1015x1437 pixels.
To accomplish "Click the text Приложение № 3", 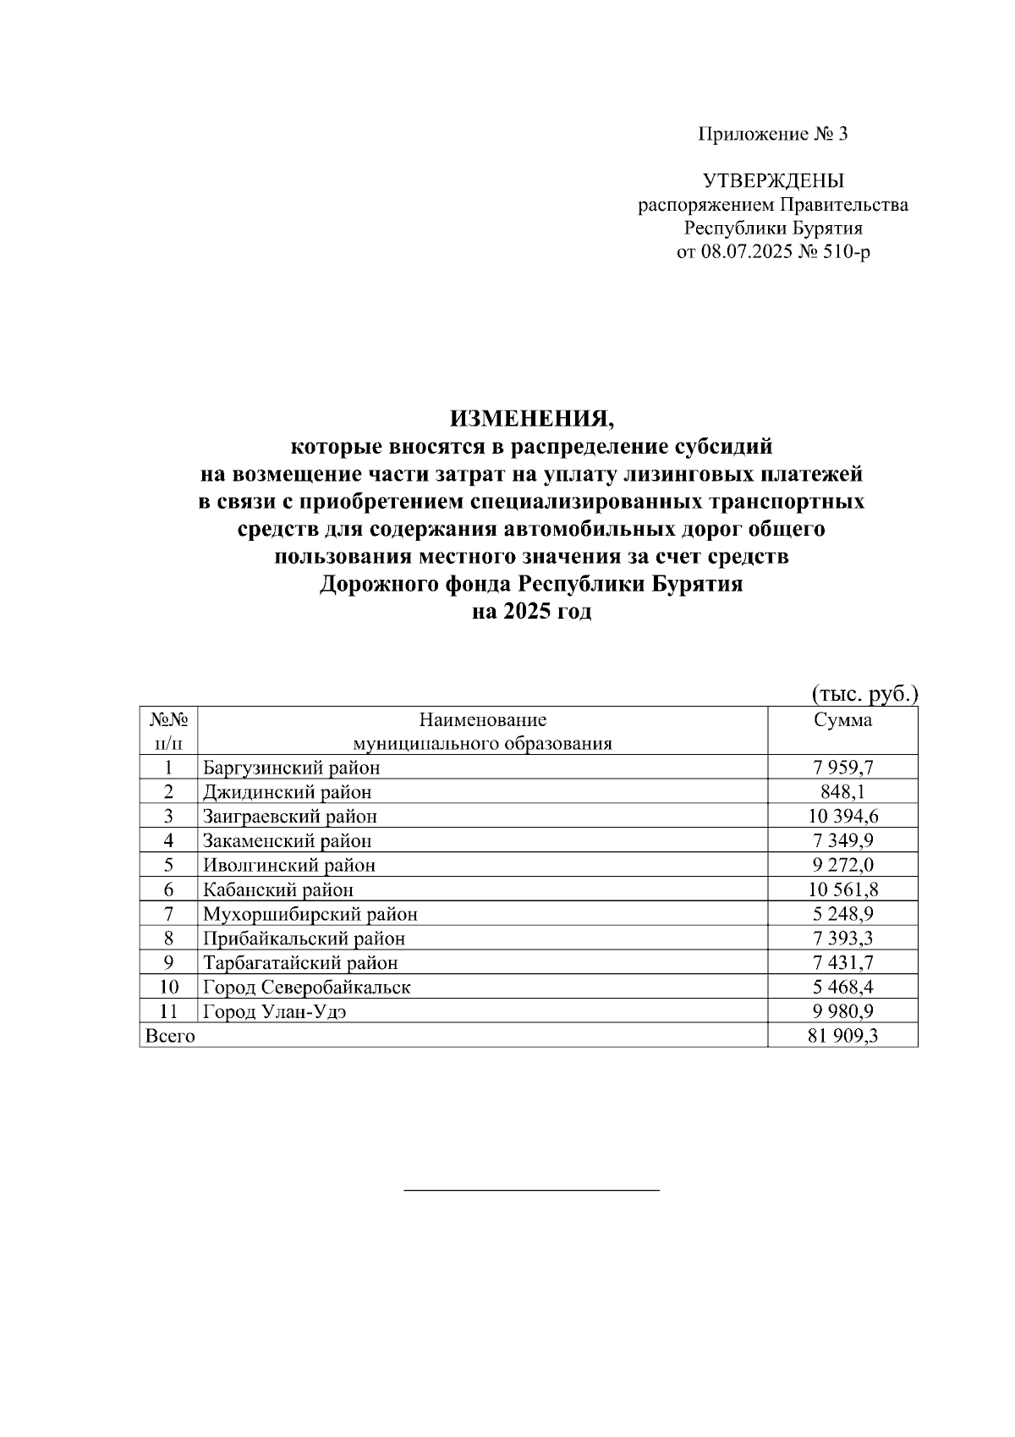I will pyautogui.click(x=772, y=134).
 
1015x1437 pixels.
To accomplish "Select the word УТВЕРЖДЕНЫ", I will pyautogui.click(x=773, y=180).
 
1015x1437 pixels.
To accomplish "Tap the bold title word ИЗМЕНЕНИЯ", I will pyautogui.click(x=529, y=418).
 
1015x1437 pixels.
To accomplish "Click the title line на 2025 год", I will pyautogui.click(x=531, y=612).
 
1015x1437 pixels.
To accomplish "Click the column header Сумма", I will pyautogui.click(x=842, y=720).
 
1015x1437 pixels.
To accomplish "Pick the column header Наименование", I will pyautogui.click(x=483, y=720).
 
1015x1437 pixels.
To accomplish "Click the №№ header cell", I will pyautogui.click(x=168, y=720).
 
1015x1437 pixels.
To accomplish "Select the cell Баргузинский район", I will pyautogui.click(x=291, y=768).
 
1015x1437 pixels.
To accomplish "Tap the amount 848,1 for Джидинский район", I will pyautogui.click(x=842, y=792).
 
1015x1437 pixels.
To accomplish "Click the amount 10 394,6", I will pyautogui.click(x=842, y=816).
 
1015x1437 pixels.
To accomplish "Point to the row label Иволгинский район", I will pyautogui.click(x=288, y=865).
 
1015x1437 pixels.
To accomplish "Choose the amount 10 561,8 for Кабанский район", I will pyautogui.click(x=842, y=889).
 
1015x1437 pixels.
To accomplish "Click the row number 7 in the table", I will pyautogui.click(x=168, y=914).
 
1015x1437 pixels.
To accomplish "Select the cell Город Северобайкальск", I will pyautogui.click(x=306, y=987).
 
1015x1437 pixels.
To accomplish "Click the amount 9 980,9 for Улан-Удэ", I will pyautogui.click(x=842, y=1011).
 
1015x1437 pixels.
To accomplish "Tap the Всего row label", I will pyautogui.click(x=170, y=1036).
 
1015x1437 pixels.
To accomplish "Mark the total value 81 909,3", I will pyautogui.click(x=842, y=1036).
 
